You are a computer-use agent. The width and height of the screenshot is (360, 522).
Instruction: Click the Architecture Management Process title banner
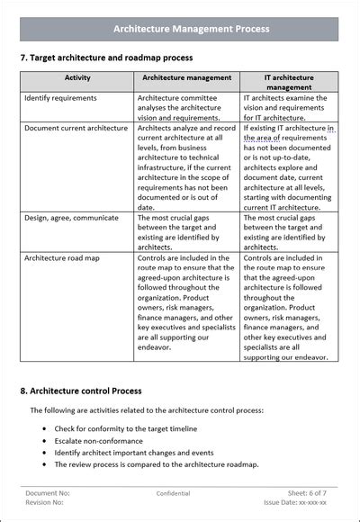pyautogui.click(x=179, y=29)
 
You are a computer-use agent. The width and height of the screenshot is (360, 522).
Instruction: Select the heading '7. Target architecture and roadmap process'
pyautogui.click(x=106, y=58)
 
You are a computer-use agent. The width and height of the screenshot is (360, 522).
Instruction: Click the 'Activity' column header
pyautogui.click(x=77, y=78)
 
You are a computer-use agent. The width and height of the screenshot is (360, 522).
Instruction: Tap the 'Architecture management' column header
pyautogui.click(x=187, y=78)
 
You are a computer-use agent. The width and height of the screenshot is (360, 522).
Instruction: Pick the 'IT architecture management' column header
pyautogui.click(x=290, y=83)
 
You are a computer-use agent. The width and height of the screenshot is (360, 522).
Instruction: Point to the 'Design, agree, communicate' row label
pyautogui.click(x=71, y=218)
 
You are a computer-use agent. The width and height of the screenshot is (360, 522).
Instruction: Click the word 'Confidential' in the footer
pyautogui.click(x=173, y=493)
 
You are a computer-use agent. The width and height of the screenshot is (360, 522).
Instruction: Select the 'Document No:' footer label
pyautogui.click(x=48, y=493)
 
